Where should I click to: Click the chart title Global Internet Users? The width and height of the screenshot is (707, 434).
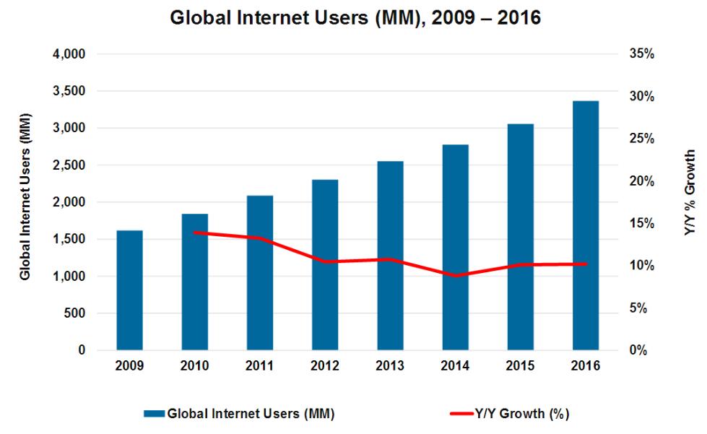355,17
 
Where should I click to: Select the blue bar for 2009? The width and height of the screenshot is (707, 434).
129,290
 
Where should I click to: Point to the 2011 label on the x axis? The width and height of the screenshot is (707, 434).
260,366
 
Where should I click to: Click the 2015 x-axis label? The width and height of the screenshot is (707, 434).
521,366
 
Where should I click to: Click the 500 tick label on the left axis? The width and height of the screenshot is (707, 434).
75,313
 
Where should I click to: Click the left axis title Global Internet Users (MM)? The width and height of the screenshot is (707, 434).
25,196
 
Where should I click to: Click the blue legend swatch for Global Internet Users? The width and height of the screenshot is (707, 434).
154,414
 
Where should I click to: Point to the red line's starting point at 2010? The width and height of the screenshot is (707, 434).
195,233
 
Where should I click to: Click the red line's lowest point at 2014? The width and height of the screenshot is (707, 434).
456,276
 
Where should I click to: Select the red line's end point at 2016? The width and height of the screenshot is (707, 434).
586,264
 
